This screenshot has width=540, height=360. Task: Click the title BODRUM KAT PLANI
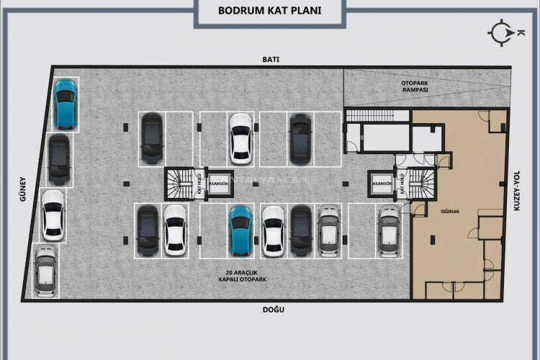coord(270,10)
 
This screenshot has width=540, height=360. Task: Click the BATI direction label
coord(271,59)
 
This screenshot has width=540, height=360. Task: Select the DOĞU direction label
coord(274,310)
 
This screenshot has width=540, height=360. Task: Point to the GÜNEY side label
coord(23,189)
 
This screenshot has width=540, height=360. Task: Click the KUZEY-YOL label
coord(516,191)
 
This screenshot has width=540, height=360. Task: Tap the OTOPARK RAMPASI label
coord(415,86)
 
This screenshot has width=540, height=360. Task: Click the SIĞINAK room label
coord(450,212)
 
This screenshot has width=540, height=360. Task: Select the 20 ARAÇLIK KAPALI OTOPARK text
coord(243,276)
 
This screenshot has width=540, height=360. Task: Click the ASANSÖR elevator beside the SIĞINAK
coord(382,184)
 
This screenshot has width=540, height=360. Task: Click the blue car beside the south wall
coord(65,104)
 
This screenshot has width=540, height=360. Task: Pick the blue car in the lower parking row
coord(240,231)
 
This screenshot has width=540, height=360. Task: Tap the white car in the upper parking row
coord(241,139)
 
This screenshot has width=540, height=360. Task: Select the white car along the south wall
coord(53,216)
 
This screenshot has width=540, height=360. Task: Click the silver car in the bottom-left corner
coord(45,271)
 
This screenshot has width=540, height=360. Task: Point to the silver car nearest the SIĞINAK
coord(389,231)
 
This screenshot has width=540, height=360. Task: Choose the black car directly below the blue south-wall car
coord(59,160)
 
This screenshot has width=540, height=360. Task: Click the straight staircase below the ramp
coord(370,116)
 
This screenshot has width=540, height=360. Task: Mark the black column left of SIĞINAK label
coord(433,240)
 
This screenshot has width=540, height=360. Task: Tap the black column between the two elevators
coord(255,184)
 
